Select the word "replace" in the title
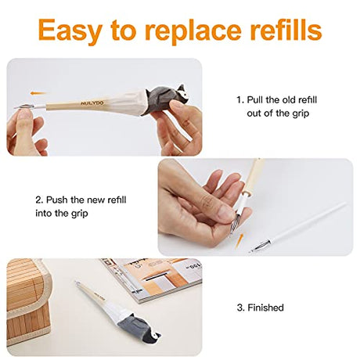[x=193, y=31]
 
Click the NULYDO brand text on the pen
[x=92, y=103]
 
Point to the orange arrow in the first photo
[x=38, y=93]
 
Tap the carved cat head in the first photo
[x=180, y=94]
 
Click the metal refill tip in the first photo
[x=24, y=106]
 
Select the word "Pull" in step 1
[x=255, y=99]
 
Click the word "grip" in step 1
[x=301, y=113]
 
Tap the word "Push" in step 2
[x=57, y=200]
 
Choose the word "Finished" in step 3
[x=265, y=308]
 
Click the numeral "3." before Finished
[x=240, y=308]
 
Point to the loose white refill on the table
[x=298, y=227]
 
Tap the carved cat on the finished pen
[x=139, y=326]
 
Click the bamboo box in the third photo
[x=28, y=300]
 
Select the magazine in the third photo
[x=153, y=279]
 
